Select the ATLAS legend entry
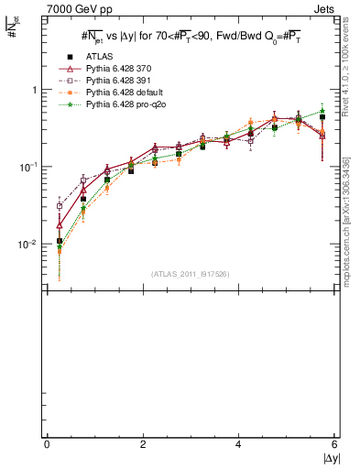click(x=97, y=56)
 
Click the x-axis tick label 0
click(x=47, y=444)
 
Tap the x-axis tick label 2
click(x=143, y=444)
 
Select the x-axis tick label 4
click(x=239, y=444)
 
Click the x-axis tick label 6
click(x=334, y=444)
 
